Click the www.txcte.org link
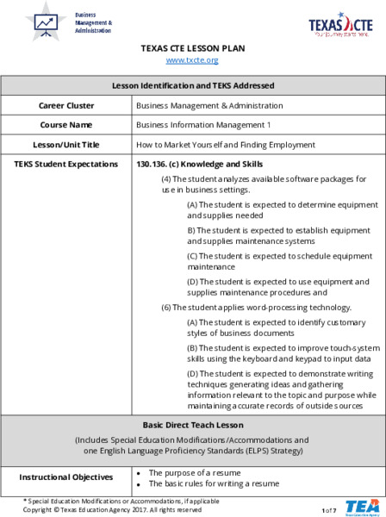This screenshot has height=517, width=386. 192,60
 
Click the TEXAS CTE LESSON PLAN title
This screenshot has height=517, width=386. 192,48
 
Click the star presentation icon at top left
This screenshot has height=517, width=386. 46,22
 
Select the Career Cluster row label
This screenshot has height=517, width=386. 66,105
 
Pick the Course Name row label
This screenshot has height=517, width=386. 66,125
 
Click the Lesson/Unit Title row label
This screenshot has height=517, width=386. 66,145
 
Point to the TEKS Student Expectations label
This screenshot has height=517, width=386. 66,164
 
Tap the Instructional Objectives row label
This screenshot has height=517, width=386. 66,477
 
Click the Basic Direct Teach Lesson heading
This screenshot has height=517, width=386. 193,425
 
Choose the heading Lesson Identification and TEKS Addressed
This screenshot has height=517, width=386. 193,85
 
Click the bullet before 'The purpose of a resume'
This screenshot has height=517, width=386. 140,473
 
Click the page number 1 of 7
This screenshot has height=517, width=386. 328,511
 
